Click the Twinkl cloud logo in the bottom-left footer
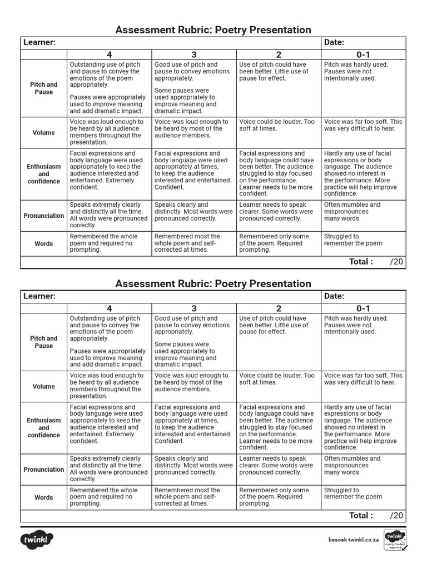[37, 540]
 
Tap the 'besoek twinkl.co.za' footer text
[354, 540]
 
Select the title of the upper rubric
[213, 30]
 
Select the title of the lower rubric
[213, 284]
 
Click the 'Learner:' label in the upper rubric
[39, 42]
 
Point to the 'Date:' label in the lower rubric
[334, 296]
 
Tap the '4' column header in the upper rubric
[109, 54]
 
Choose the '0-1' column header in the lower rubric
[363, 308]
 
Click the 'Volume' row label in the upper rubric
[44, 133]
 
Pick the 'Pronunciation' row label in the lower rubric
[44, 470]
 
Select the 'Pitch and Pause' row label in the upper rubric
[44, 88]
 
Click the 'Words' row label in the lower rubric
[44, 498]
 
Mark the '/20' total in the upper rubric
[396, 262]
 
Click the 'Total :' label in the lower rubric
[361, 516]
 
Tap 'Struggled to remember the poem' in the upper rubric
[353, 240]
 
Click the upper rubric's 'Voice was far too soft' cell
[363, 125]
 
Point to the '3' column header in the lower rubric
[194, 308]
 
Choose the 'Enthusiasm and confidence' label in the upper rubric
[44, 174]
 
